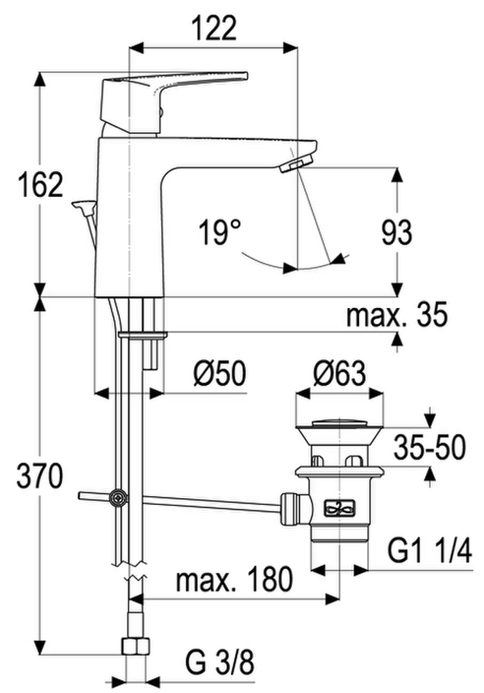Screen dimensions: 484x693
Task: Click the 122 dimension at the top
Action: (x=213, y=29)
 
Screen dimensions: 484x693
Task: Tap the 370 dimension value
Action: (x=40, y=476)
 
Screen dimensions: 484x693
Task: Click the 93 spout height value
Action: (x=397, y=232)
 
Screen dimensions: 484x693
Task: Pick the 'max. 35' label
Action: (x=397, y=314)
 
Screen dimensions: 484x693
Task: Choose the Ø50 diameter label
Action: (x=219, y=374)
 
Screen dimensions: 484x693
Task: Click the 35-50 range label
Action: (x=430, y=447)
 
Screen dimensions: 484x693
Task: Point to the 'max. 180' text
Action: (x=234, y=579)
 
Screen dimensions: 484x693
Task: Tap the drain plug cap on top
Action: (x=338, y=423)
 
